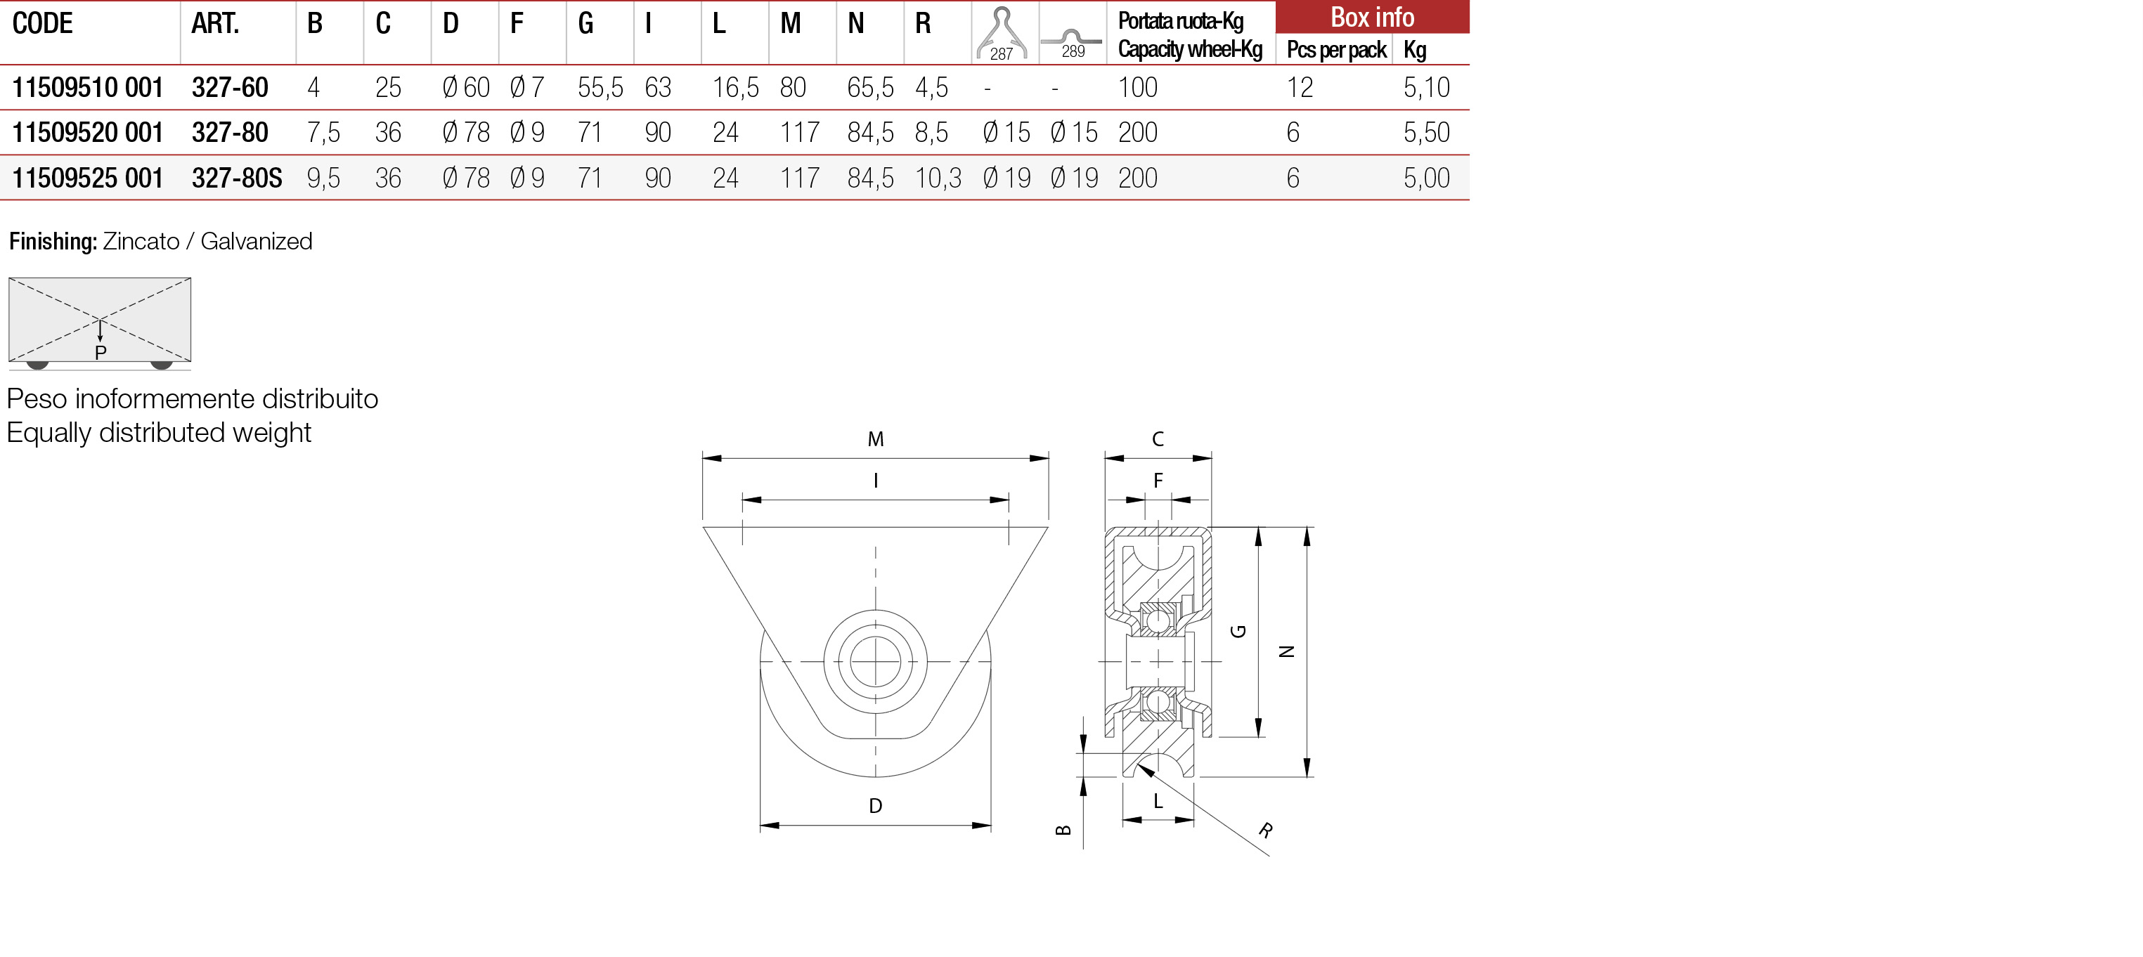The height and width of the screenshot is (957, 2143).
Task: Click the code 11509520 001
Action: (87, 132)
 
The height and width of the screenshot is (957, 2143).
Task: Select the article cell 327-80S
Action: (237, 178)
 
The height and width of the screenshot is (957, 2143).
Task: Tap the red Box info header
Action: (1372, 17)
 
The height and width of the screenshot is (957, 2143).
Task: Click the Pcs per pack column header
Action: (1336, 50)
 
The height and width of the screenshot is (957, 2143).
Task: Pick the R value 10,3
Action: (938, 178)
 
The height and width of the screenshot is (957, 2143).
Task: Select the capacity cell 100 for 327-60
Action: (1137, 87)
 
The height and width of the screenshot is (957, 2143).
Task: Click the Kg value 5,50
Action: (1426, 132)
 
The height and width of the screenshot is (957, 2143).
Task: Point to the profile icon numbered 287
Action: (1002, 33)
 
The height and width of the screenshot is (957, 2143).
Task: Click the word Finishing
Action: (53, 241)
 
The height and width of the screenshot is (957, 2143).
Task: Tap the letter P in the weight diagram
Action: (101, 353)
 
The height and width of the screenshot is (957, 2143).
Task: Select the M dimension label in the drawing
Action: (875, 439)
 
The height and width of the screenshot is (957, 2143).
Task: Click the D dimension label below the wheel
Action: (875, 806)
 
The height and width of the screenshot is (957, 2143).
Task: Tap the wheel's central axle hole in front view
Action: (875, 662)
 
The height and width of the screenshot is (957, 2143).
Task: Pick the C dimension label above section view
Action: (1157, 439)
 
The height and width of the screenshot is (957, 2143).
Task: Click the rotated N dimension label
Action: (1286, 652)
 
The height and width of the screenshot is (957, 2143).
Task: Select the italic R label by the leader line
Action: (1265, 830)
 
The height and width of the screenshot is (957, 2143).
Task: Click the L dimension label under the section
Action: (1157, 802)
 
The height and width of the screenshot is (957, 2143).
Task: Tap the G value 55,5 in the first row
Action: (600, 87)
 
